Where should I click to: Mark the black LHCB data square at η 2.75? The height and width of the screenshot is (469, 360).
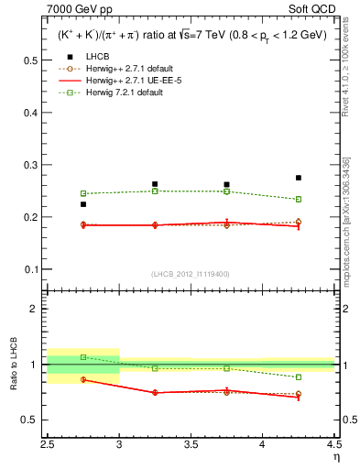click(x=83, y=204)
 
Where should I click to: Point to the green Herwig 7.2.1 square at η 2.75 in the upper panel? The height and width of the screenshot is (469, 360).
click(x=83, y=193)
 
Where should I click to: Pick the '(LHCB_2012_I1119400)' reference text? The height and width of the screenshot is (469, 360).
click(x=191, y=274)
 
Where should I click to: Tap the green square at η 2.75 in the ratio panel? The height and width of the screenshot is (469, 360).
click(x=83, y=357)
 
